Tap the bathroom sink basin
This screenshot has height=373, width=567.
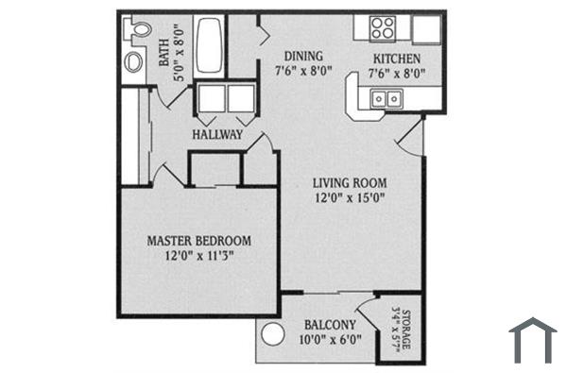[134, 62]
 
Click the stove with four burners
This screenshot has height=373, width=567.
[382, 27]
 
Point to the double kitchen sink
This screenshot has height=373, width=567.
[385, 96]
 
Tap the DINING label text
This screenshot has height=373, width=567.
[300, 56]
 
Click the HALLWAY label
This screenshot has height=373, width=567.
[217, 135]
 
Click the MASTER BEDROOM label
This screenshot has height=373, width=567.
[198, 240]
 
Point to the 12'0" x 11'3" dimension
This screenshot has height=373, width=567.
[198, 255]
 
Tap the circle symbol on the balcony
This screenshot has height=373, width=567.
[273, 336]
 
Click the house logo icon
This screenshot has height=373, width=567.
[532, 339]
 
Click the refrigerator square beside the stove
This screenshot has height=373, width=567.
[425, 27]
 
